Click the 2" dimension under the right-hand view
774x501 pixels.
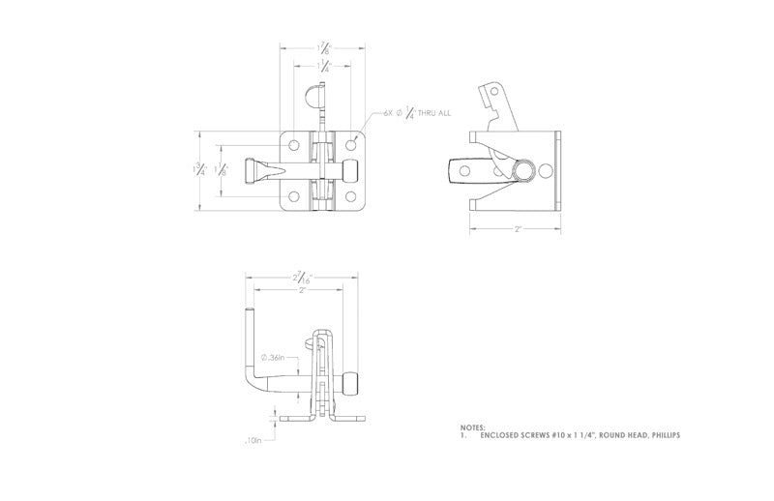coord(517,229)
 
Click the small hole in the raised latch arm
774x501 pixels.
coord(491,94)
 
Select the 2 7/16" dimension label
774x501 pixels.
coord(303,278)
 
